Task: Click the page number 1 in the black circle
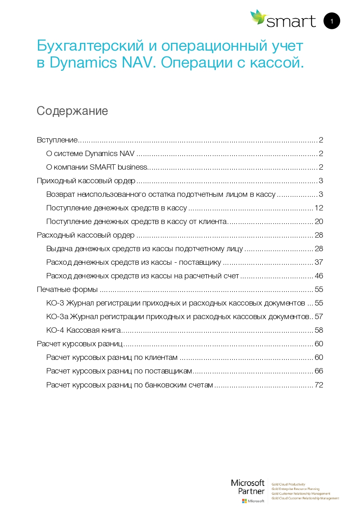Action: (332, 21)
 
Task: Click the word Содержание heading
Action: (72, 111)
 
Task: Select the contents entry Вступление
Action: (57, 140)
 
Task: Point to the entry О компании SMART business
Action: (96, 167)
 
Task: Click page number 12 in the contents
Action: (319, 208)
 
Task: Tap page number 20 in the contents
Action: (319, 222)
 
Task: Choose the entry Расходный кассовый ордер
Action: (86, 235)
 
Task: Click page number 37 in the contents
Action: (319, 262)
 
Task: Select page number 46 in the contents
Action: (319, 276)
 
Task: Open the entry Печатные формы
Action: (67, 289)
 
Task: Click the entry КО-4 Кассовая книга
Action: (83, 330)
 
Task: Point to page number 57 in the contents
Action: (319, 317)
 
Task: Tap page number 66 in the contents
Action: (319, 371)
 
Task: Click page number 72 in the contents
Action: (319, 385)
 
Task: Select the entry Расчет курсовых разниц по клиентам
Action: (112, 357)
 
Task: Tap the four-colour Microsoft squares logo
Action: (244, 501)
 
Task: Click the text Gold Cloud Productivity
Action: (288, 485)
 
